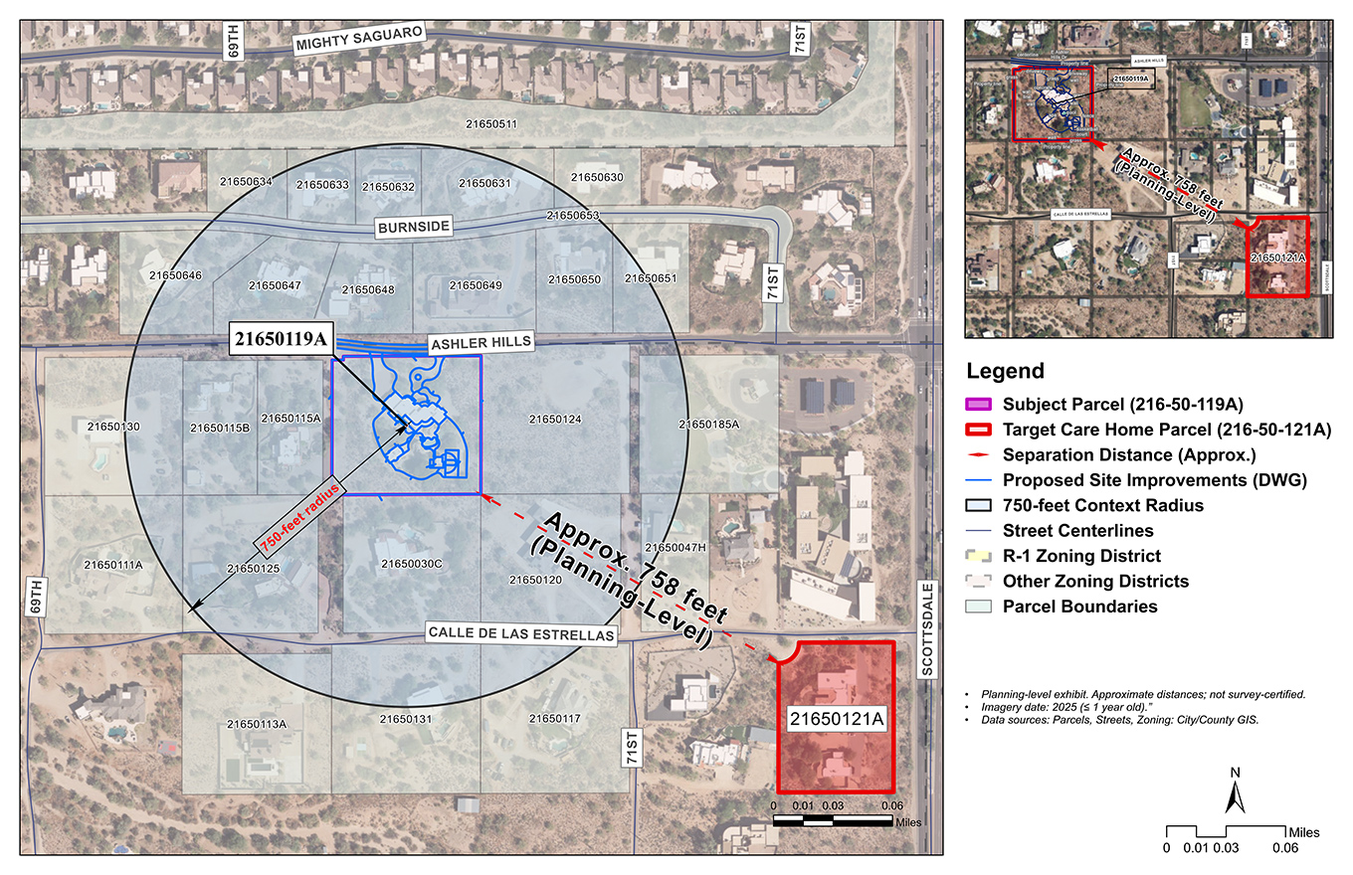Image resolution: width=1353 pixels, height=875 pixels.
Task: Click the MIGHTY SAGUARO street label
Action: click(359, 40)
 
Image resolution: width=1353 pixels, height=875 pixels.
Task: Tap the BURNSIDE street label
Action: click(414, 227)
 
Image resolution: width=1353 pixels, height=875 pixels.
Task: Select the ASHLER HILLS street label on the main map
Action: click(481, 343)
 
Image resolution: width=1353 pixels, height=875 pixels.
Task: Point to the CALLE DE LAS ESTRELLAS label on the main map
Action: click(520, 632)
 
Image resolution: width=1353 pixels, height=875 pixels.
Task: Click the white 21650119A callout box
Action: click(281, 339)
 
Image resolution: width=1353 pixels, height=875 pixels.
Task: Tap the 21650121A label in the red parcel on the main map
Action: click(837, 718)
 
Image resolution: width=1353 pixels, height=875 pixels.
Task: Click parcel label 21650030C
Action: click(411, 564)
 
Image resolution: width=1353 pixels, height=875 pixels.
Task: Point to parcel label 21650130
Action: click(113, 426)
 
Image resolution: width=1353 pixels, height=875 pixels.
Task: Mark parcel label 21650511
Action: click(491, 124)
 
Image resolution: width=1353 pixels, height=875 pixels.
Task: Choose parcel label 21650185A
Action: click(709, 425)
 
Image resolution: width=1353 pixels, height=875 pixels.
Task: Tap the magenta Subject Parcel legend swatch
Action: click(981, 405)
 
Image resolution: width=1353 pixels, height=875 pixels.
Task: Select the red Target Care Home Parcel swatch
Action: click(981, 430)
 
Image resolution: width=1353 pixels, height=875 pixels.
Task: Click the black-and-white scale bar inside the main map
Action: click(833, 820)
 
